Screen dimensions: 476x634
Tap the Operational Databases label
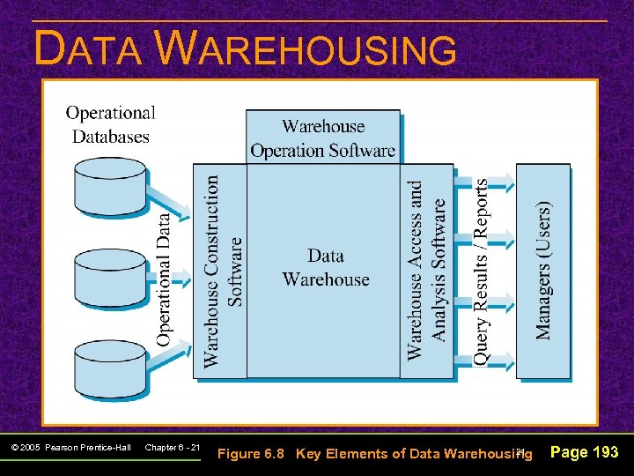tap(110, 124)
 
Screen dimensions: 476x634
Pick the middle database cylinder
tap(110, 275)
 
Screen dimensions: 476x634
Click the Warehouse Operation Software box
tap(322, 138)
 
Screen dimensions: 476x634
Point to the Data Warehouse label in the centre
tap(325, 268)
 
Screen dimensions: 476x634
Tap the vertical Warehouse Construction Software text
tap(223, 271)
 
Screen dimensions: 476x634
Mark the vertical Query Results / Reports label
tap(482, 271)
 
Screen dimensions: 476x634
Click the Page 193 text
tap(584, 452)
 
